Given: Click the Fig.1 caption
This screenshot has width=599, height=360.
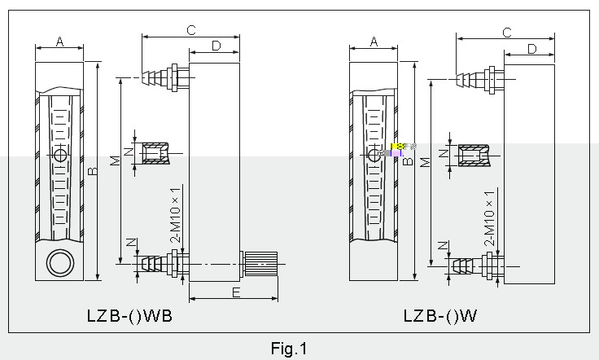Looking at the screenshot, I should (x=290, y=349).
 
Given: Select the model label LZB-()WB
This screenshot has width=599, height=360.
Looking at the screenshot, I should (x=129, y=315).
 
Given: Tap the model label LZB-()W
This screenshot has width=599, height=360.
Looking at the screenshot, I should (x=440, y=315).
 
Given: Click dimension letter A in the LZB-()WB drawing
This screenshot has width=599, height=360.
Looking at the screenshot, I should (x=60, y=41).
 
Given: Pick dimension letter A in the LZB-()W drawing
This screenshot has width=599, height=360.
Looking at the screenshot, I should (x=374, y=41).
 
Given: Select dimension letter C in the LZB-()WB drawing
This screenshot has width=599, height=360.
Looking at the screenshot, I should (x=190, y=30).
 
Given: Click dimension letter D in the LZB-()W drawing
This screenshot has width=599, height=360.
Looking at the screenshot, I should (x=531, y=49).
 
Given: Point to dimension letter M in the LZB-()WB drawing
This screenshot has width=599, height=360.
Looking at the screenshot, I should (x=116, y=160).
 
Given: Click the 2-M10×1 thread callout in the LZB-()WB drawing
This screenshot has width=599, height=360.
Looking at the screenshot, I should (x=175, y=213).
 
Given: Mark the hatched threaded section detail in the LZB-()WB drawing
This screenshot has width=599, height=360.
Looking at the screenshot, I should (x=155, y=152).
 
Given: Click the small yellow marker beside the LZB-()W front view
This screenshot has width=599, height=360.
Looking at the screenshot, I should (x=397, y=147).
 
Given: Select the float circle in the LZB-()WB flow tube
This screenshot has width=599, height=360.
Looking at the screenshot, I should (x=60, y=155).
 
